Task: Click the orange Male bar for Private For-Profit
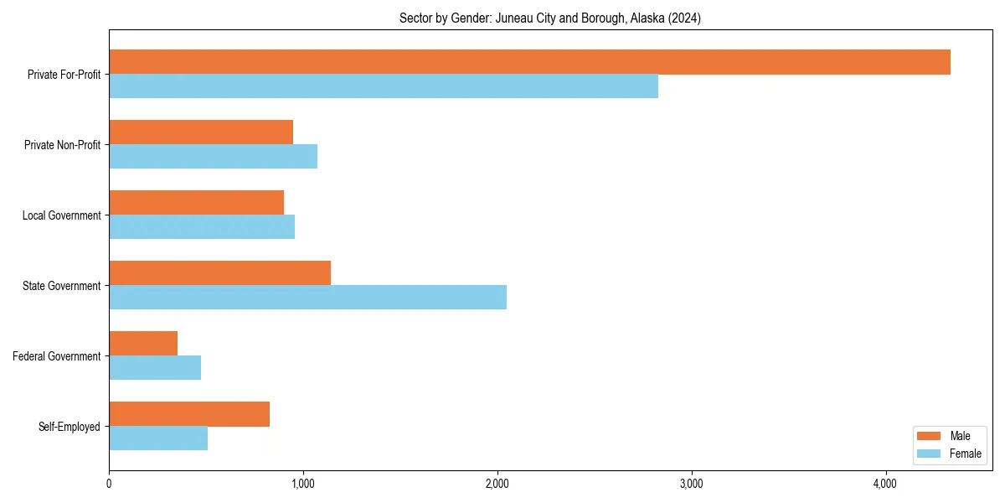pos(529,62)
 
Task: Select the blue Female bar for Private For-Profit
pos(384,86)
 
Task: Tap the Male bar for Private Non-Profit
pos(201,132)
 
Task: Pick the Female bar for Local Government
pos(202,227)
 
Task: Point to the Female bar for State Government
pos(307,298)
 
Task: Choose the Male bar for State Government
pos(219,273)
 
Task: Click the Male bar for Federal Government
pos(143,344)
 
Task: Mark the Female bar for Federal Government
pos(155,368)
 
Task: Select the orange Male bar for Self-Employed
pos(189,414)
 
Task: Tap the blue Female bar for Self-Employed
pos(158,438)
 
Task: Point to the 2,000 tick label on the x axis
pos(497,484)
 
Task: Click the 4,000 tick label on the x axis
pos(885,484)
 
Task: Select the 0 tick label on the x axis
pos(109,484)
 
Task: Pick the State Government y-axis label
pos(61,286)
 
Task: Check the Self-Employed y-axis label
pos(70,427)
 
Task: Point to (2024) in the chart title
pos(684,18)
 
